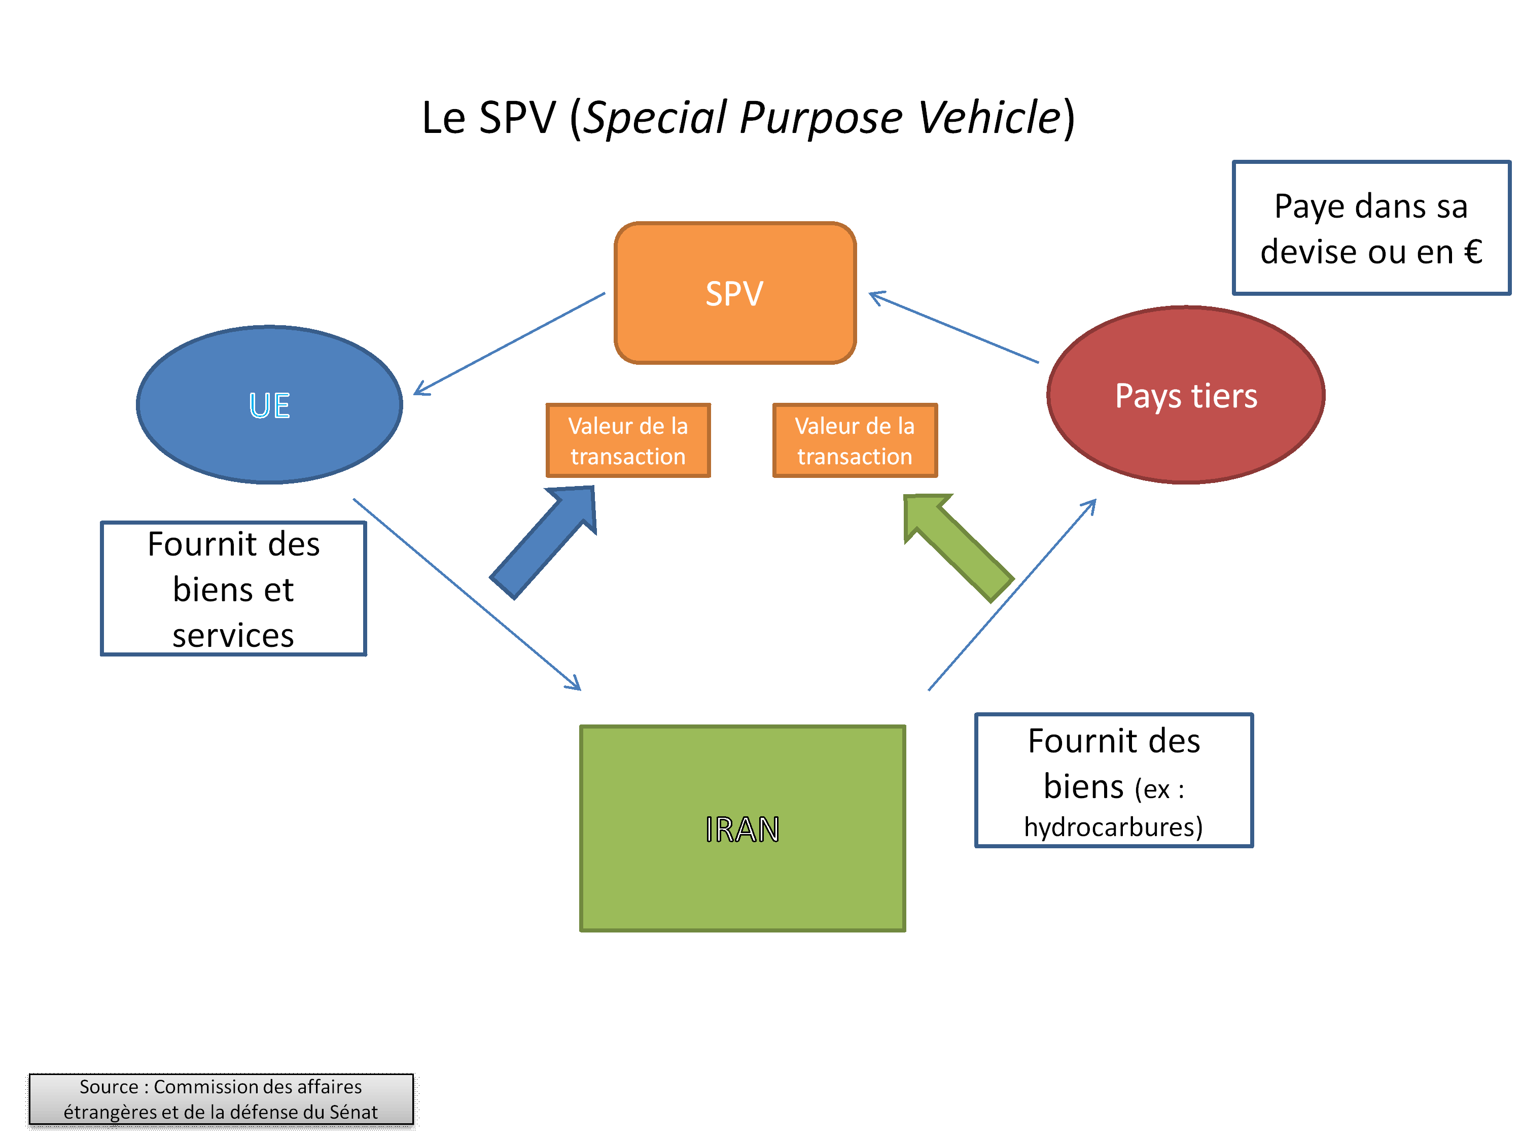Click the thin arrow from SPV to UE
pos(509,344)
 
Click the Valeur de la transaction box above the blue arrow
pos(628,441)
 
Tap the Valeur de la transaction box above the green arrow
pos(855,441)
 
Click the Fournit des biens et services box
pos(233,589)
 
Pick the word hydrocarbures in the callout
pos(1113,826)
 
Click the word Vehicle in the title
pos(990,118)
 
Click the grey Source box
pos(221,1099)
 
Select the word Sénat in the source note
pos(353,1112)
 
